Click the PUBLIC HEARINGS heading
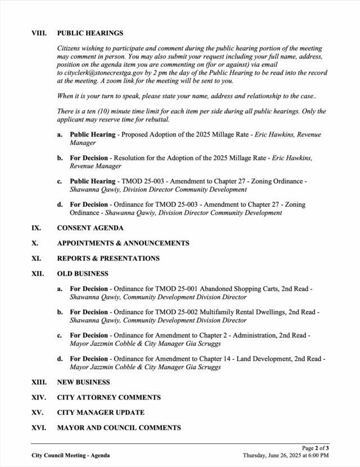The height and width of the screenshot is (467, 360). click(90, 33)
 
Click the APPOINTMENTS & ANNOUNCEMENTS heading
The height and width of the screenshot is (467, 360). click(123, 243)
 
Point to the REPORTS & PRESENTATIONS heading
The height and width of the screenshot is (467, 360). click(109, 259)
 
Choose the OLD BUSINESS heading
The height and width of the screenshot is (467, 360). click(83, 274)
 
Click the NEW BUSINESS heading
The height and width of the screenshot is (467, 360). click(84, 382)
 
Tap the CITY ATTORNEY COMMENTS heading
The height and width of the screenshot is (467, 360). click(109, 397)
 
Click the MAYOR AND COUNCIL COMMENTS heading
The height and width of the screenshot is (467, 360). click(119, 428)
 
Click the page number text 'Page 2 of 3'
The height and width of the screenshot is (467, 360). click(316, 448)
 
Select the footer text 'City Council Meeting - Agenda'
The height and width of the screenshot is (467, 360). click(70, 455)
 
